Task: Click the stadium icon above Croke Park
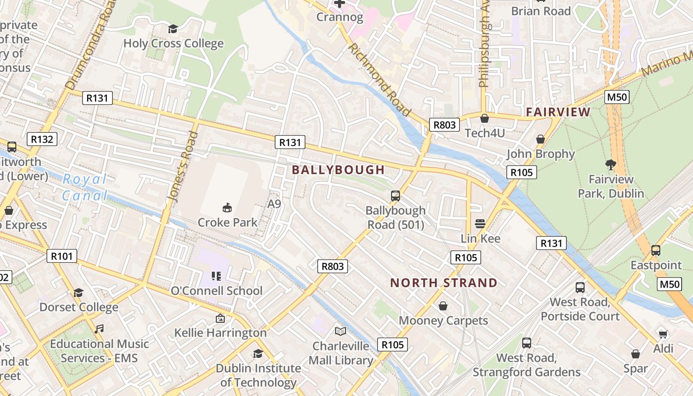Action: (227, 207)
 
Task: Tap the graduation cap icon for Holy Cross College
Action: (173, 29)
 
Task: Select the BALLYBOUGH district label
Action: (338, 170)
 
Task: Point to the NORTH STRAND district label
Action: (444, 283)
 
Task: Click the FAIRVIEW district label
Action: (558, 112)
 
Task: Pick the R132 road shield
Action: (42, 139)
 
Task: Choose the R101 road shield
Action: (62, 256)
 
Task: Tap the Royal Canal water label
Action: (85, 187)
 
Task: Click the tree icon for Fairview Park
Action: (611, 165)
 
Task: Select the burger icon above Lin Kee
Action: (480, 224)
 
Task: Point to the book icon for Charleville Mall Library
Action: (341, 331)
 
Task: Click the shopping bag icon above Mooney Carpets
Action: (443, 306)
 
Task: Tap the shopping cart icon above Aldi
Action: (663, 334)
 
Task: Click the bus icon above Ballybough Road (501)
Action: (395, 196)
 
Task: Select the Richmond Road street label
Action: (380, 79)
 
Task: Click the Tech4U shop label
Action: (485, 133)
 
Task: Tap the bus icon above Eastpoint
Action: (656, 250)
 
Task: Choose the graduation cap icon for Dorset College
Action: (78, 293)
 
